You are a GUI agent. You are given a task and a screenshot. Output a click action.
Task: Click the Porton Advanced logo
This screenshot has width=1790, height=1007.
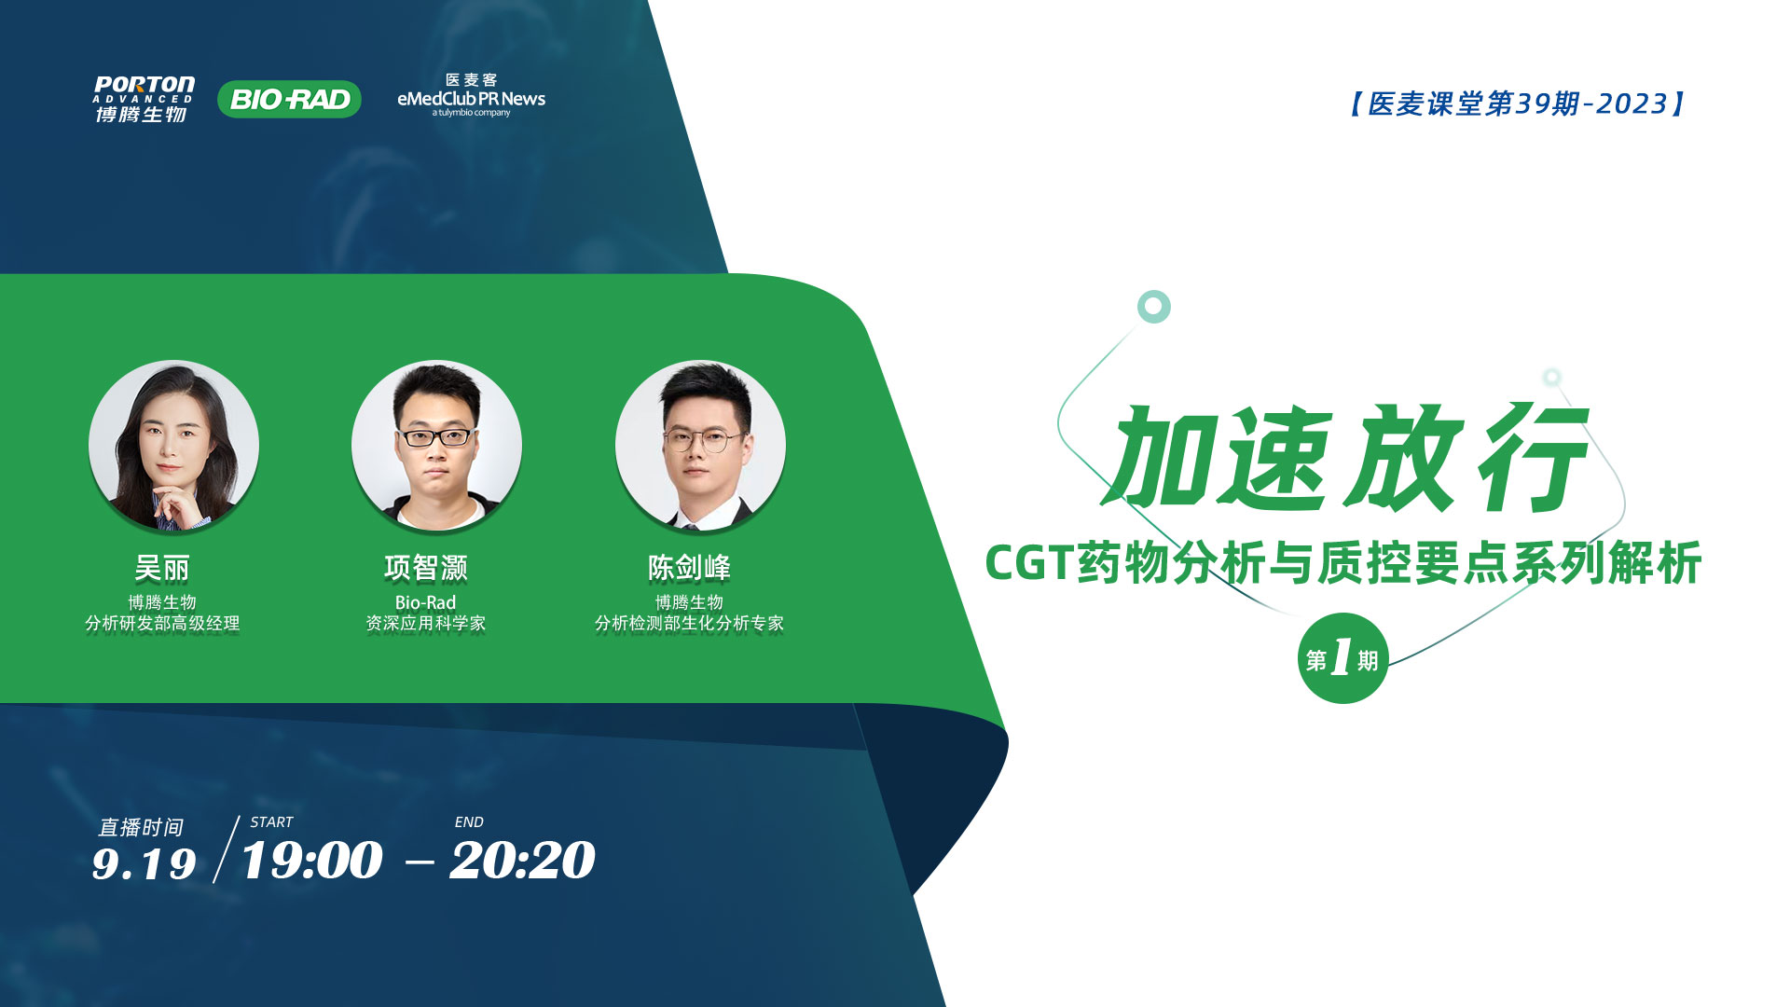pos(144,99)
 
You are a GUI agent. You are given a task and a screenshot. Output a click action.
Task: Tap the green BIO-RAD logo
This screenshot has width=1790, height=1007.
pos(289,99)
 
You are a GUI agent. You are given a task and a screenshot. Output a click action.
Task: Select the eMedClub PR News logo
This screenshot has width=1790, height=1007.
pos(471,95)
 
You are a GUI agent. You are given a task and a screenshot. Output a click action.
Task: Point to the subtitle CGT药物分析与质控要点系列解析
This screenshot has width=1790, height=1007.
pos(1343,563)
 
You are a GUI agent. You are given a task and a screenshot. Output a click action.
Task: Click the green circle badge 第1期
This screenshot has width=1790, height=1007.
pos(1342,658)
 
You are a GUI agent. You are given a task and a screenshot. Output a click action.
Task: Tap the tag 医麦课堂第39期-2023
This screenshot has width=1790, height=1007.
pos(1518,103)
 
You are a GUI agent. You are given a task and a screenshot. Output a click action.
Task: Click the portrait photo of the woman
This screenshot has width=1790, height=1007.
pos(173,446)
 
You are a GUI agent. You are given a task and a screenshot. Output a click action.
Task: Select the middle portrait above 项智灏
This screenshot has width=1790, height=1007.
pos(436,446)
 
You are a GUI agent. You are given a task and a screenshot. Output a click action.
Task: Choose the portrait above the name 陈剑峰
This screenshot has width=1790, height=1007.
pos(700,446)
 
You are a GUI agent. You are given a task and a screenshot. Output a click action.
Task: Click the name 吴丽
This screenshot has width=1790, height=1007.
pos(162,568)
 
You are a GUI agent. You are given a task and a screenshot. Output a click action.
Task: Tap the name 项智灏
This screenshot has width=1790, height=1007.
pos(426,568)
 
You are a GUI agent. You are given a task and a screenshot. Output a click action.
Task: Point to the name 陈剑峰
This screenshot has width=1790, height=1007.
pos(690,568)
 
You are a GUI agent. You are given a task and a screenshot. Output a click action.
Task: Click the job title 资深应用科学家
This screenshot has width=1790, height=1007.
pos(426,623)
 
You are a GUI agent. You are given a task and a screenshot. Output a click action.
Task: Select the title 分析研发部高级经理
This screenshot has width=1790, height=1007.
pos(162,623)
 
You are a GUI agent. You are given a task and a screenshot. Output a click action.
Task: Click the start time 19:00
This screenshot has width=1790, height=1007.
pos(311,860)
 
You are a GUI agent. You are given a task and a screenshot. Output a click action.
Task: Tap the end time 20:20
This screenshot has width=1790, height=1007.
pos(522,860)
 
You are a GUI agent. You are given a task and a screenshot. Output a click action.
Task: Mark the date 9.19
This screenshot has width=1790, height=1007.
pos(144,864)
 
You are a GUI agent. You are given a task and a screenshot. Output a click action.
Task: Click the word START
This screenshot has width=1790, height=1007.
pos(271,822)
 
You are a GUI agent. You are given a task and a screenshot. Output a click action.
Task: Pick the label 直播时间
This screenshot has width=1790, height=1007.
pos(141,827)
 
